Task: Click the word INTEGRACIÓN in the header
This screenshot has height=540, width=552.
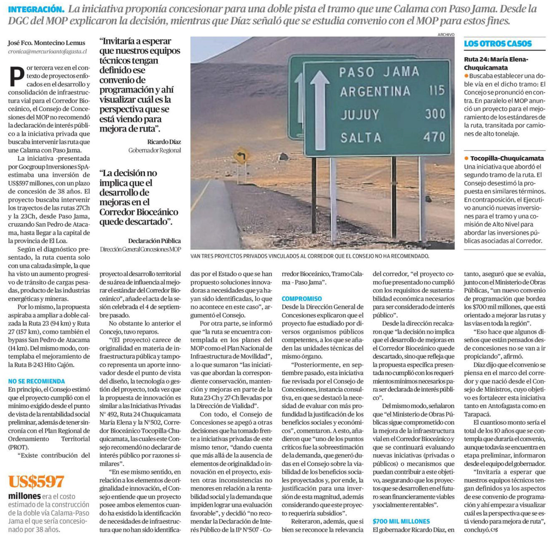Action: click(x=36, y=9)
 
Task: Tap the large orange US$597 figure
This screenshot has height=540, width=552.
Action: click(x=36, y=481)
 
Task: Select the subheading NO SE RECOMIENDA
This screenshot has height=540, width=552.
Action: click(x=36, y=381)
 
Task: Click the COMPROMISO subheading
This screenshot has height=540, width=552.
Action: click(x=302, y=299)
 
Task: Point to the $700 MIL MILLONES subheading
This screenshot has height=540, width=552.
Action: click(x=401, y=521)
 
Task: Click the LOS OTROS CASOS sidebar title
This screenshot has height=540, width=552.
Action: click(x=497, y=44)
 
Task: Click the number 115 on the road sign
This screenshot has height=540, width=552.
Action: click(x=437, y=90)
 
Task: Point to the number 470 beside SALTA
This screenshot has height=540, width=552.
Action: click(x=434, y=137)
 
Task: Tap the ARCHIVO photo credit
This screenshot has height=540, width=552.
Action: click(x=446, y=35)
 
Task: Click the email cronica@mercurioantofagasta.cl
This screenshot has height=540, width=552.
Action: click(x=48, y=52)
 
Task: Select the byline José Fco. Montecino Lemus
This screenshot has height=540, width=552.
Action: click(x=47, y=43)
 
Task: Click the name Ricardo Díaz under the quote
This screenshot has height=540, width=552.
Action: click(x=164, y=142)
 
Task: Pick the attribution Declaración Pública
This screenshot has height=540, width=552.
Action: click(x=154, y=241)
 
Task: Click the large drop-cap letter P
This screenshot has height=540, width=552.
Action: click(x=16, y=76)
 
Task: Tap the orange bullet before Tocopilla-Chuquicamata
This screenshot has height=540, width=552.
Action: click(x=466, y=158)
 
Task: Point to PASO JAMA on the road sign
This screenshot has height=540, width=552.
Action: click(x=379, y=72)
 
